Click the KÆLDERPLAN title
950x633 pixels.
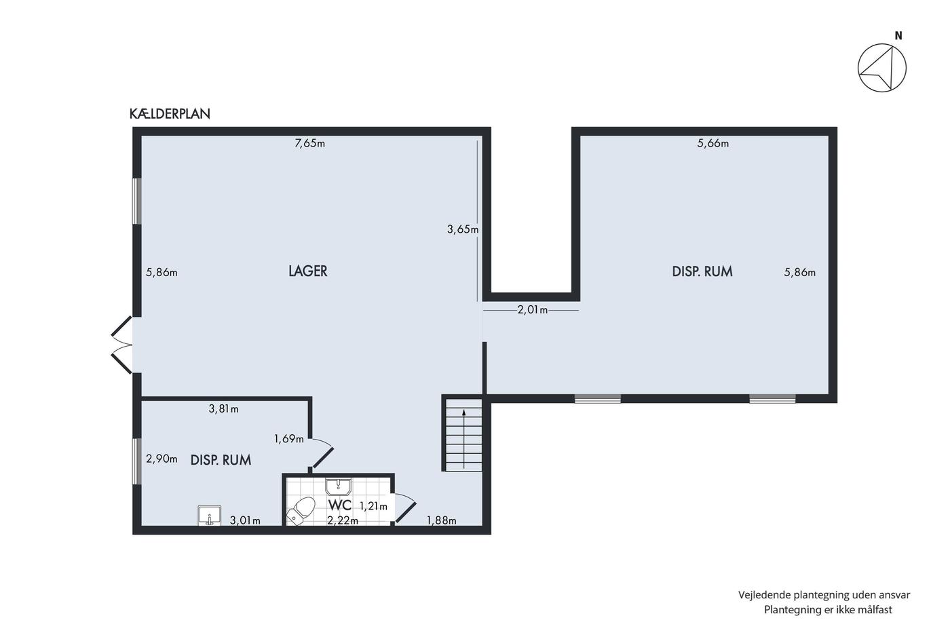[x=170, y=113]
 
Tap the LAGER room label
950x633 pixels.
[x=308, y=271]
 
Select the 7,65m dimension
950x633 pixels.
[x=309, y=143]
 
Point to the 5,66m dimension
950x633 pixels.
[x=713, y=143]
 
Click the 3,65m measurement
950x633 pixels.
[x=463, y=229]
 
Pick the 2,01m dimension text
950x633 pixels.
[x=532, y=310]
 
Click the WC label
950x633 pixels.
[x=340, y=505]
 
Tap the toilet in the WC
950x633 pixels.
[x=301, y=512]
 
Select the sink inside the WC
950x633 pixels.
[x=338, y=487]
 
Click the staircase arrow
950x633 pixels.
[x=464, y=439]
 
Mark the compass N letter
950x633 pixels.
[x=898, y=37]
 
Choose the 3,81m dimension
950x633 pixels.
[x=223, y=409]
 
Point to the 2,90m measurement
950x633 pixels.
[x=161, y=459]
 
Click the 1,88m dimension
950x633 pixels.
[x=442, y=520]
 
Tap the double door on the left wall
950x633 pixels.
[x=122, y=345]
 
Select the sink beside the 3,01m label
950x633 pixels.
[x=210, y=516]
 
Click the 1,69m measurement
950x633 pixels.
[x=289, y=439]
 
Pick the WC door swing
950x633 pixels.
[x=405, y=507]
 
